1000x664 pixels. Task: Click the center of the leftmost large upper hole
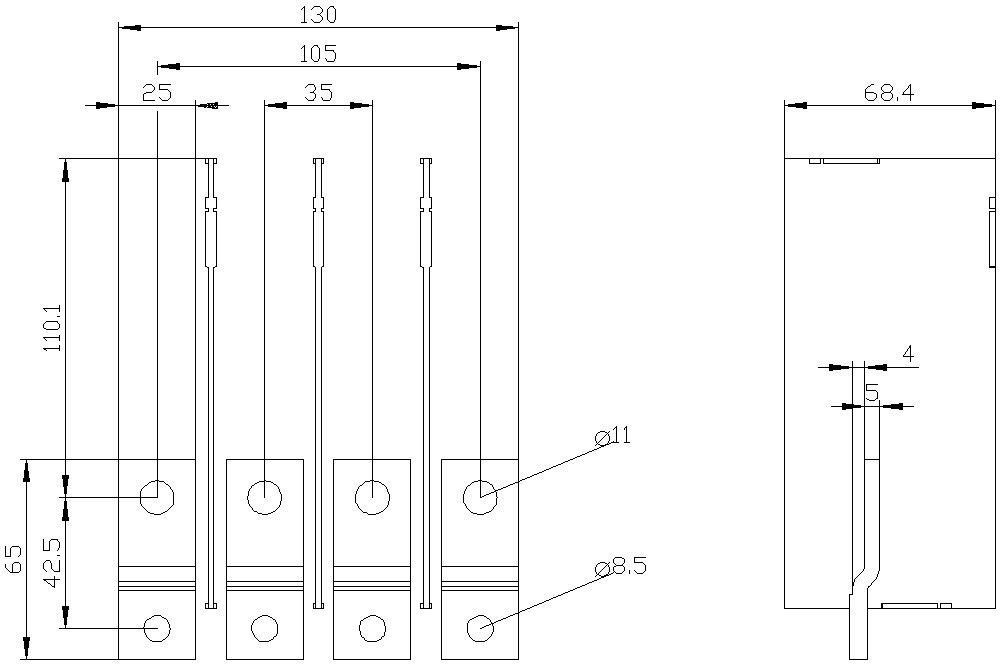[157, 497]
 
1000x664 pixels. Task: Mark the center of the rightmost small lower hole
[480, 628]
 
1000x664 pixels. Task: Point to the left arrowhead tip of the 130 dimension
[119, 27]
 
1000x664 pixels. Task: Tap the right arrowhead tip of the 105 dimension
[480, 66]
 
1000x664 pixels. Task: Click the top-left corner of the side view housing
[784, 158]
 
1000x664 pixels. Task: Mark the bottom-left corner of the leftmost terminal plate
[119, 659]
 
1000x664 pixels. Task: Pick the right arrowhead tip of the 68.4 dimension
[995, 105]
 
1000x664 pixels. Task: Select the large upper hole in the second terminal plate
[265, 497]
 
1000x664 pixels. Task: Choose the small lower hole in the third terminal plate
[372, 628]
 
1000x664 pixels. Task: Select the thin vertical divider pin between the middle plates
[319, 383]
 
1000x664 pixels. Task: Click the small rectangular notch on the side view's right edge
[992, 203]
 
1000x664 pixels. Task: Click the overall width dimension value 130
[318, 15]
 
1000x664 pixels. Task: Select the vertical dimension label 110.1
[54, 327]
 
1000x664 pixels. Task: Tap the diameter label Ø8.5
[620, 566]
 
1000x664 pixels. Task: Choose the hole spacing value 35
[318, 92]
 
